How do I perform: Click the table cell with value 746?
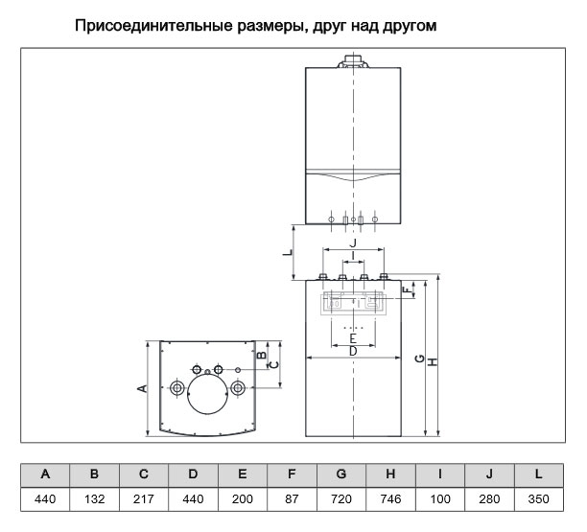click(x=390, y=499)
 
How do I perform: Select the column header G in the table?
click(x=341, y=475)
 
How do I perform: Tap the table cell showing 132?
click(x=94, y=499)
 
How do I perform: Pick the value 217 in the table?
click(x=143, y=499)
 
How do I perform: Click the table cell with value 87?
click(x=292, y=499)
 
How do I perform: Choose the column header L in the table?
click(x=539, y=475)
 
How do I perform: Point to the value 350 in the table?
click(x=539, y=499)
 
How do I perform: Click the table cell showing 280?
click(x=489, y=499)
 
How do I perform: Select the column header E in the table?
click(x=243, y=475)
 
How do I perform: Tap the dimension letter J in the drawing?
click(x=353, y=243)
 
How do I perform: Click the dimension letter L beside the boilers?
click(x=288, y=252)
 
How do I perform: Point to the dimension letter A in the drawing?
click(x=142, y=389)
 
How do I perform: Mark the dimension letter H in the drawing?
click(x=433, y=362)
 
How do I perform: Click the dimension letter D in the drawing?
click(x=353, y=351)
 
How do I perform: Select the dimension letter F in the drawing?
click(x=406, y=289)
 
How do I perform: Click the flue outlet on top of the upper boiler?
click(x=353, y=61)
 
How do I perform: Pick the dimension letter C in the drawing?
click(x=274, y=364)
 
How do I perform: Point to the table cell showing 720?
click(x=341, y=499)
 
